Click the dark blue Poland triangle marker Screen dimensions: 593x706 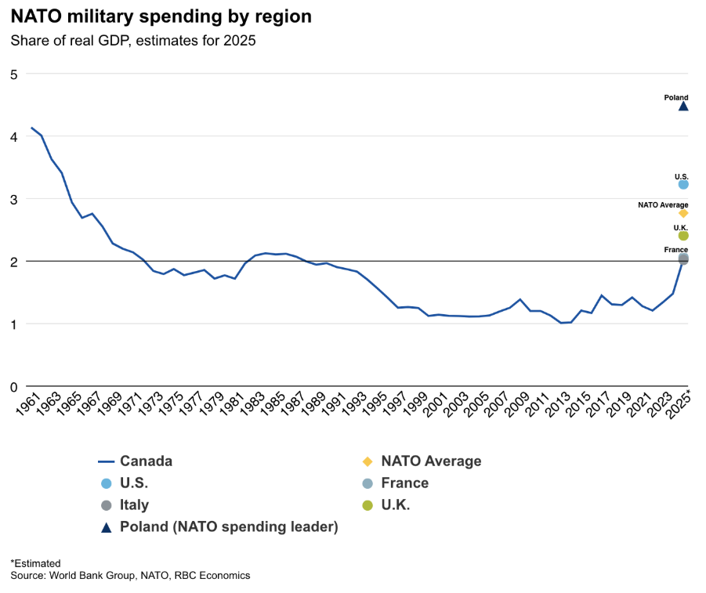683,106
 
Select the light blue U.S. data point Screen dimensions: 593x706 683,184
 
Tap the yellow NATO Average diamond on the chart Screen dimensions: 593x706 683,213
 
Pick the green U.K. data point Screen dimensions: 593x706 683,235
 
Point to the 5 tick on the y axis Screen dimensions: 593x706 13,74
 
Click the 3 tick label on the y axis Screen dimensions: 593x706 13,199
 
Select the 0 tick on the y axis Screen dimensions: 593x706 13,386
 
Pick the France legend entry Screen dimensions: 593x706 404,483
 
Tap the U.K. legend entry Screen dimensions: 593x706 395,505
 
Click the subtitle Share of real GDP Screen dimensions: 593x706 133,41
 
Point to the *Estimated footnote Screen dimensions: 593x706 35,563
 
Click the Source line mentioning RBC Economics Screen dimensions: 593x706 130,576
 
